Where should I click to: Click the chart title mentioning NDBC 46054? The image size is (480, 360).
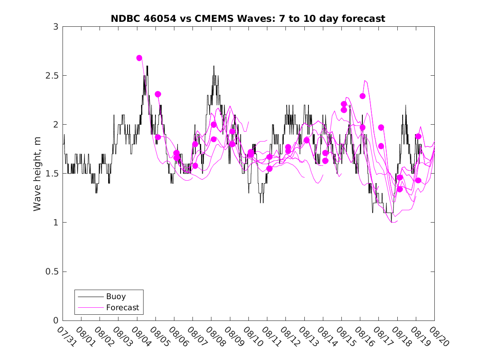click(248, 19)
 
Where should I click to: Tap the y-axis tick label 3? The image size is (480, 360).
click(56, 27)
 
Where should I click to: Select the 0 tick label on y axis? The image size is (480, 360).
click(56, 321)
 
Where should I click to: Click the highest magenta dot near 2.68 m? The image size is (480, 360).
click(139, 58)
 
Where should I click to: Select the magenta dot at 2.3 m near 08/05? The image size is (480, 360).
click(158, 94)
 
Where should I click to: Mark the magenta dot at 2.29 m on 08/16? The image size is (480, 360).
click(362, 96)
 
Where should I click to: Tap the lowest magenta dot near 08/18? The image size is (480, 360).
click(399, 189)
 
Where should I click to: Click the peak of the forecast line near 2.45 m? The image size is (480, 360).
click(365, 81)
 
